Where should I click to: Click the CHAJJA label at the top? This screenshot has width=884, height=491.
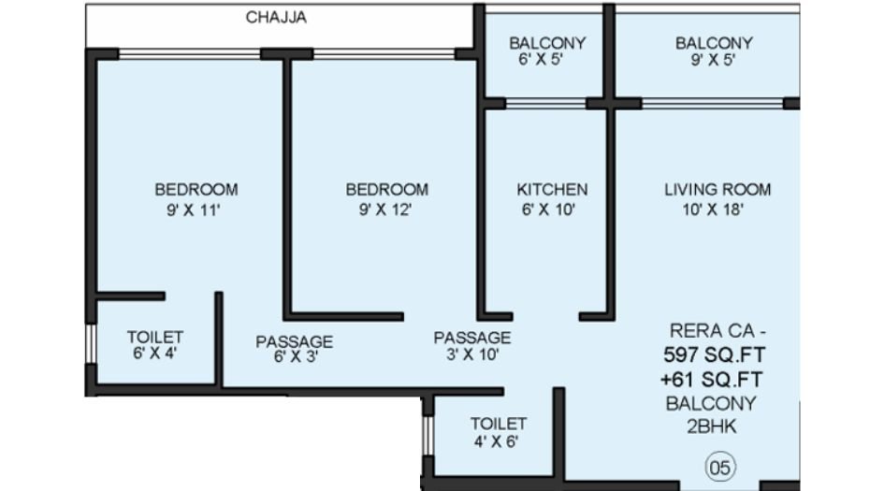(x=276, y=18)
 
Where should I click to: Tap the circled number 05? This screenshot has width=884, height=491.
(x=718, y=465)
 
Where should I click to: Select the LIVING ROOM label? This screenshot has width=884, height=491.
(x=717, y=190)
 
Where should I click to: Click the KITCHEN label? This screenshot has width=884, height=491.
(x=552, y=190)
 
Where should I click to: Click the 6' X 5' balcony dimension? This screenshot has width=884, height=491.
(x=547, y=61)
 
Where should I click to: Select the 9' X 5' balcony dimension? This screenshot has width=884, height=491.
(x=714, y=61)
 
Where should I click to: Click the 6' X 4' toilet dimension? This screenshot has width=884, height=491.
(x=154, y=354)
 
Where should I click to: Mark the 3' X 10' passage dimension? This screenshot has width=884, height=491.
(x=471, y=354)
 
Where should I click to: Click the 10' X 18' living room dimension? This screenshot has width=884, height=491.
(x=717, y=209)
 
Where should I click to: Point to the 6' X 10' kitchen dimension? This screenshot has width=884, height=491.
(x=552, y=209)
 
